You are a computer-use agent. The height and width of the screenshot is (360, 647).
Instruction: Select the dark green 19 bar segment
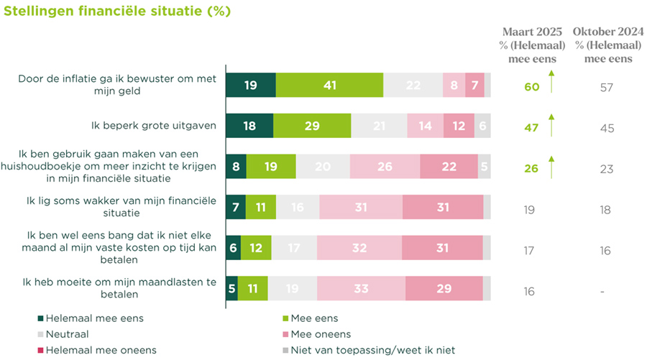click(x=251, y=85)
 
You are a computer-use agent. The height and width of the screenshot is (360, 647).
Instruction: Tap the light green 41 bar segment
click(x=329, y=85)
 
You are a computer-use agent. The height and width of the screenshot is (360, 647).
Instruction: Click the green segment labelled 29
click(x=312, y=125)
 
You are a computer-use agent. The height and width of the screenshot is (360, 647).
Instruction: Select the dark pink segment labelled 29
click(x=444, y=288)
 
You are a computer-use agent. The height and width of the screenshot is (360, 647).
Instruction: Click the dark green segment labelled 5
click(x=231, y=288)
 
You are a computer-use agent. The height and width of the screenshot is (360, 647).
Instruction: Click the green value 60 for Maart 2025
click(x=531, y=88)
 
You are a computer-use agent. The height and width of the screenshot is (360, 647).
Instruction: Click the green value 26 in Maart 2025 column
click(x=531, y=170)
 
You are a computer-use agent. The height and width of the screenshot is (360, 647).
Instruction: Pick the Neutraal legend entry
click(x=69, y=334)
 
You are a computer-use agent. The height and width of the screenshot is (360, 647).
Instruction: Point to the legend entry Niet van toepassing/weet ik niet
click(x=352, y=351)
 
